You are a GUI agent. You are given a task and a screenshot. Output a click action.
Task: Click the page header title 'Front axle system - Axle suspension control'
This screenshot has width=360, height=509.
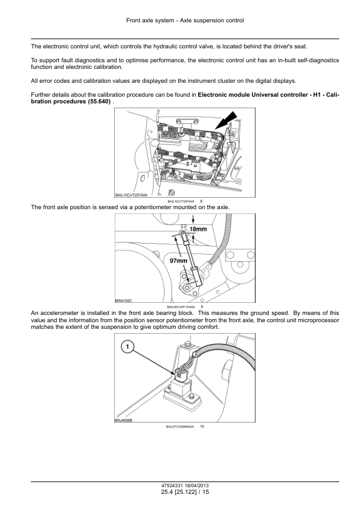click(x=185, y=21)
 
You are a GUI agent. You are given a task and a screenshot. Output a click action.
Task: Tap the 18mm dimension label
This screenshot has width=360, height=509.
click(x=198, y=229)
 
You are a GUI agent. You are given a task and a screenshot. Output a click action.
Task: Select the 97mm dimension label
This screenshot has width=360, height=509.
click(x=179, y=261)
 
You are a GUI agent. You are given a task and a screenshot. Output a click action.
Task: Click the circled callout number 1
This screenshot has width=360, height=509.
click(x=127, y=347)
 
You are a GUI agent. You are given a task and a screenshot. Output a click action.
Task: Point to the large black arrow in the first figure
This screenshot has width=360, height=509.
click(x=227, y=121)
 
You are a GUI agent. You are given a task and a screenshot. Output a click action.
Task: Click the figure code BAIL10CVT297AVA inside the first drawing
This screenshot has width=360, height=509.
click(x=131, y=195)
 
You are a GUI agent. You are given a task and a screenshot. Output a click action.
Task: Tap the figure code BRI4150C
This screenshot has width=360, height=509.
click(x=124, y=301)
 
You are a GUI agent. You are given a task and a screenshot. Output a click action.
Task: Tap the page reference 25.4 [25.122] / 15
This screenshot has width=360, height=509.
click(x=185, y=492)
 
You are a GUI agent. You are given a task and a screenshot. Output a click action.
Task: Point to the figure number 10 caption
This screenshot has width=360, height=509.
click(x=202, y=427)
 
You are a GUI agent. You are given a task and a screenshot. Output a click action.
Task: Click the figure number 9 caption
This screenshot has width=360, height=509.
click(x=202, y=306)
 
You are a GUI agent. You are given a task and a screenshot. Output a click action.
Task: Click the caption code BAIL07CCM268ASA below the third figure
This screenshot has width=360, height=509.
click(x=180, y=427)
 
